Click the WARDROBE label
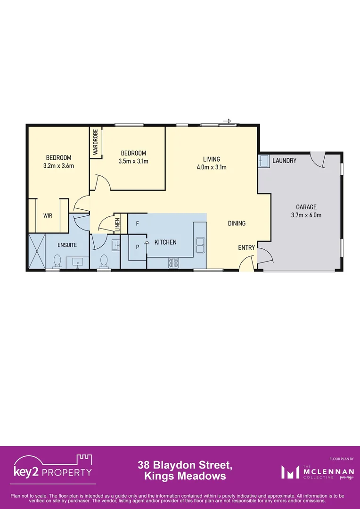pyautogui.click(x=95, y=142)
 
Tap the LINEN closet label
pyautogui.click(x=117, y=223)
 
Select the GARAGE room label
pyautogui.click(x=306, y=207)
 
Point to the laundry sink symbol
pyautogui.click(x=263, y=161)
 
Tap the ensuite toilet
pyautogui.click(x=57, y=261)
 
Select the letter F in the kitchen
pyautogui.click(x=137, y=223)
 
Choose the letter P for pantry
pyautogui.click(x=137, y=246)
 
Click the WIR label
pyautogui.click(x=48, y=215)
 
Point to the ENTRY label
pyautogui.click(x=246, y=248)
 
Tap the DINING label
pyautogui.click(x=237, y=223)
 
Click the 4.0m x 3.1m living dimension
pyautogui.click(x=212, y=167)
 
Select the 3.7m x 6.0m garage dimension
pyautogui.click(x=306, y=215)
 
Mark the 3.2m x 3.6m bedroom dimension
pyautogui.click(x=58, y=165)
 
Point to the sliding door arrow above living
pyautogui.click(x=227, y=121)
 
